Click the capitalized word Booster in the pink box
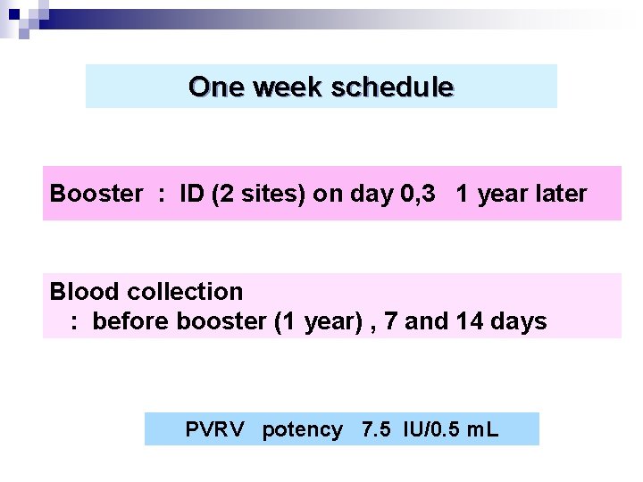pyautogui.click(x=96, y=194)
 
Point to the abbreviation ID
pyautogui.click(x=191, y=194)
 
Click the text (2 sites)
pyautogui.click(x=258, y=194)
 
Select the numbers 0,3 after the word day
pyautogui.click(x=415, y=194)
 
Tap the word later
pyautogui.click(x=560, y=194)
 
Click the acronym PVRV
pyautogui.click(x=214, y=430)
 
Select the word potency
pyautogui.click(x=302, y=430)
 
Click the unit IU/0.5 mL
pyautogui.click(x=452, y=430)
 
